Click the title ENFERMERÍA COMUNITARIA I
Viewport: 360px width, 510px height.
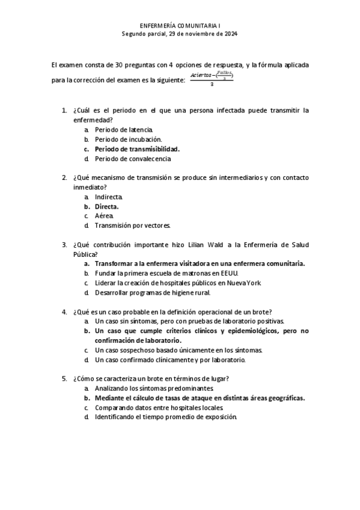(x=180, y=26)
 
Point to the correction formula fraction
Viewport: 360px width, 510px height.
(x=212, y=79)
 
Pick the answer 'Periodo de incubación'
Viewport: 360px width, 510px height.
(x=124, y=140)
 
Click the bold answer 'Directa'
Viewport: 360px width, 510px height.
(x=106, y=206)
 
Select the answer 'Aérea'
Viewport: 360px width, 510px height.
(x=103, y=216)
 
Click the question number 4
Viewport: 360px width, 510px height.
(x=64, y=312)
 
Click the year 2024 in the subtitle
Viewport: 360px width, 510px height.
(x=230, y=34)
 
